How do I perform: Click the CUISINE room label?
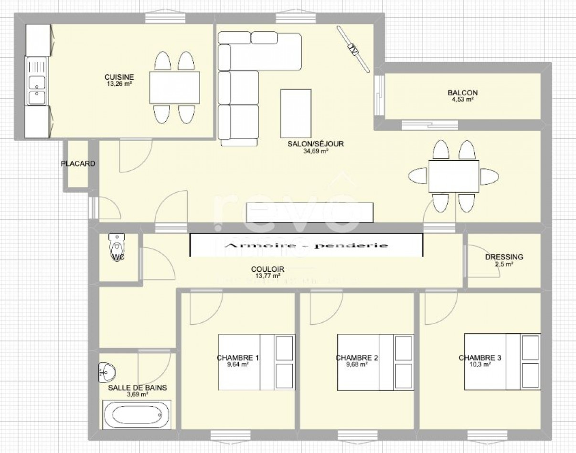pos(119,77)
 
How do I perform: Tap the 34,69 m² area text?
pos(315,151)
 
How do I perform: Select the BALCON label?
pos(462,93)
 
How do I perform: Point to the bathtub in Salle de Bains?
pos(136,415)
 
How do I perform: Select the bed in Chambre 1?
pos(256,361)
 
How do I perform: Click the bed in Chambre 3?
pos(502,361)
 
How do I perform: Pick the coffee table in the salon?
pos(296,113)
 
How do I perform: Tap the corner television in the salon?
pos(353,49)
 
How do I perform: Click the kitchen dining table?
pos(174,87)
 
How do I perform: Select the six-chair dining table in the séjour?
pos(453,176)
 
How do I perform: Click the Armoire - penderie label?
pos(306,246)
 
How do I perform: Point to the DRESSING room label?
pos(504,257)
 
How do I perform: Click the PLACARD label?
pos(78,164)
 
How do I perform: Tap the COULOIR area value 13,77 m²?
pos(267,276)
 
